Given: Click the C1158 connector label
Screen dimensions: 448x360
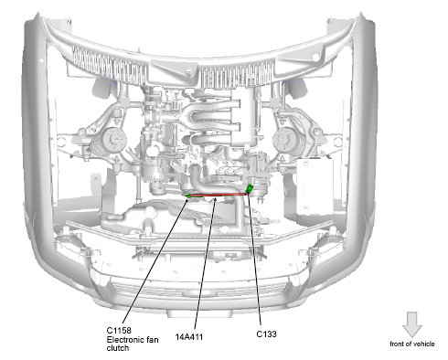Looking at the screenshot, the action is point(119,331).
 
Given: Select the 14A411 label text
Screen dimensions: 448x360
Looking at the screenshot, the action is point(189,337).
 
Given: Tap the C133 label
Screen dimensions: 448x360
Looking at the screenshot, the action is point(266,334).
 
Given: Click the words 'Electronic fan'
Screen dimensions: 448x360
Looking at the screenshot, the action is point(133,339).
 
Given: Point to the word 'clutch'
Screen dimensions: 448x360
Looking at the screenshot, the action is point(118,348).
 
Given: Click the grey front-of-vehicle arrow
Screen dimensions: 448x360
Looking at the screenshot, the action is point(412,324).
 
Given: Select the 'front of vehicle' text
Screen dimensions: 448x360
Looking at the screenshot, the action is point(412,344).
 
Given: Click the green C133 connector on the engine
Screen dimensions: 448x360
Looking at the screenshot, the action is point(250,188).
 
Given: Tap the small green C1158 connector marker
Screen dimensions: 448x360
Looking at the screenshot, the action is point(189,196).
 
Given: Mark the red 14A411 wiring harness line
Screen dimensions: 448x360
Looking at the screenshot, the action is point(219,195).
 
